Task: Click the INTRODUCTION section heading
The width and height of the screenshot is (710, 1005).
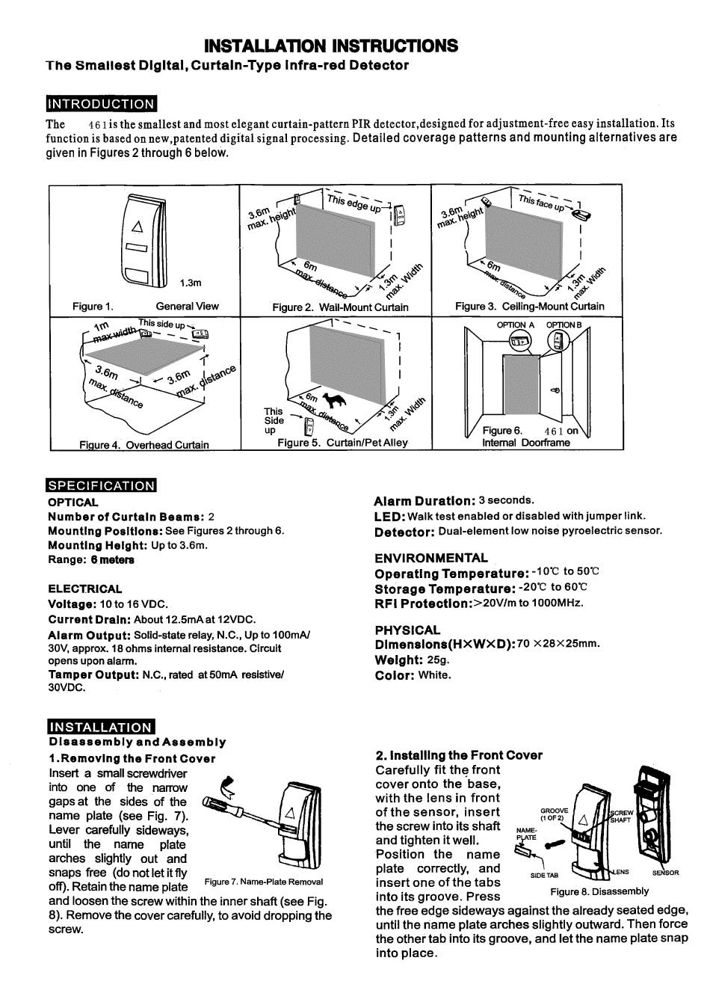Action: pyautogui.click(x=102, y=104)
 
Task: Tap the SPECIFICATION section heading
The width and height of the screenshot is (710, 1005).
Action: pyautogui.click(x=102, y=485)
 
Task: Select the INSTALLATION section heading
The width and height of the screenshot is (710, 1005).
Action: pyautogui.click(x=101, y=728)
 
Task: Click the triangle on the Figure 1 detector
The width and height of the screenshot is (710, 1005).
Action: pyautogui.click(x=138, y=227)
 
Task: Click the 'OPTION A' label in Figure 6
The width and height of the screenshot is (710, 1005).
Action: pyautogui.click(x=516, y=325)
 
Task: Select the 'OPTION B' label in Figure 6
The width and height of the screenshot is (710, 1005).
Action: pyautogui.click(x=564, y=325)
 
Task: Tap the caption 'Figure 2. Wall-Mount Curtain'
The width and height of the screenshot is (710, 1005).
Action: pyautogui.click(x=340, y=307)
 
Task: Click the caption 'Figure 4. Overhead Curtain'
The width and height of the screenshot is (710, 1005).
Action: pyautogui.click(x=144, y=445)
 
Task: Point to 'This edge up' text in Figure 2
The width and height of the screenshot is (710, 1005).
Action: pyautogui.click(x=354, y=203)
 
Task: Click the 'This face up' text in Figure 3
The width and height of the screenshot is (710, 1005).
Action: pyautogui.click(x=541, y=203)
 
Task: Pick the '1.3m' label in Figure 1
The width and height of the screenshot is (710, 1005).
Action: pyautogui.click(x=191, y=283)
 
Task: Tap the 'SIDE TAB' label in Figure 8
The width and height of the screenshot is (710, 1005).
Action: pyautogui.click(x=544, y=875)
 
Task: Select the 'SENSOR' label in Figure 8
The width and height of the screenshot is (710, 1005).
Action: pyautogui.click(x=665, y=872)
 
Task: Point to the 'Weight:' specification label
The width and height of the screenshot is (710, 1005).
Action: pyautogui.click(x=399, y=660)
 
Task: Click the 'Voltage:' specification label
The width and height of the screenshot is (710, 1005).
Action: pyautogui.click(x=72, y=604)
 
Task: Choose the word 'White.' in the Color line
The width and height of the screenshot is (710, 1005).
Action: pyautogui.click(x=435, y=674)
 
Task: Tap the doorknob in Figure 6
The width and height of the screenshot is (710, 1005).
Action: pyautogui.click(x=555, y=390)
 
